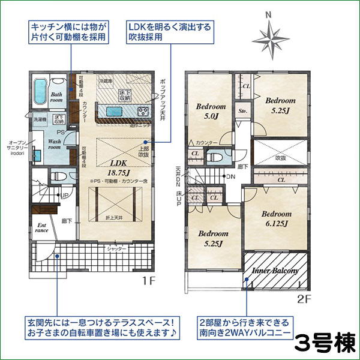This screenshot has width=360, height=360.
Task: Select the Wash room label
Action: pos(55,145)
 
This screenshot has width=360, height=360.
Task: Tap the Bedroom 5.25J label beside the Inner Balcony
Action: pos(211,238)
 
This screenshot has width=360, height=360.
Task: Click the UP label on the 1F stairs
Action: pos(62,196)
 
